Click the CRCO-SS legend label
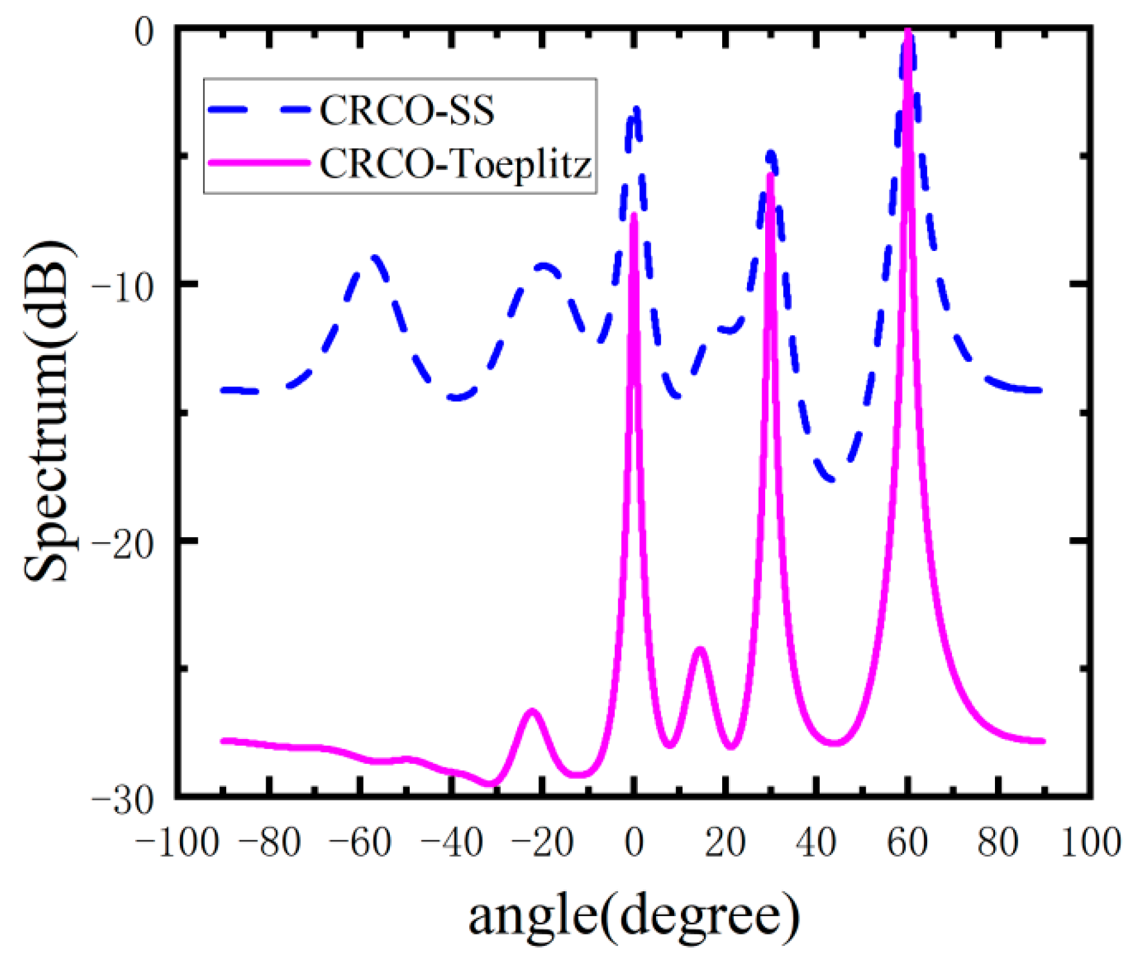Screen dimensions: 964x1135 tap(407, 110)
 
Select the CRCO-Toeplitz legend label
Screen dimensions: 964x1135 tap(455, 164)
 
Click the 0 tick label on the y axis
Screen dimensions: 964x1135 tap(146, 32)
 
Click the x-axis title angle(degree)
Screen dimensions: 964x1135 tap(634, 915)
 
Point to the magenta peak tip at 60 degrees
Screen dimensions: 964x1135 tap(908, 32)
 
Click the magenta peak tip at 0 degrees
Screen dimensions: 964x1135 tap(634, 215)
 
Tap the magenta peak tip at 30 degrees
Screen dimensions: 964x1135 tap(771, 176)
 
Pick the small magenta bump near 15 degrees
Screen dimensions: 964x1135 tap(700, 649)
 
